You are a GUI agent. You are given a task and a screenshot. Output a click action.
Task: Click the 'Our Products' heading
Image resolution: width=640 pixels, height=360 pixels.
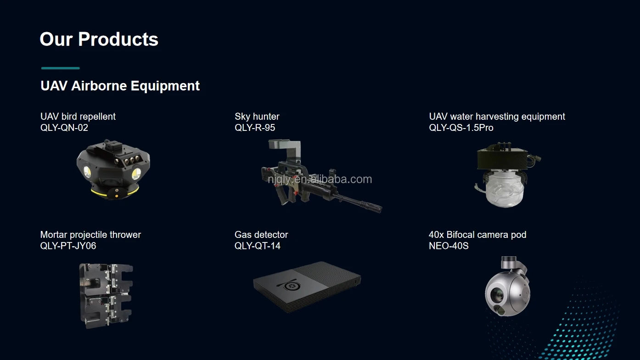pyautogui.click(x=99, y=39)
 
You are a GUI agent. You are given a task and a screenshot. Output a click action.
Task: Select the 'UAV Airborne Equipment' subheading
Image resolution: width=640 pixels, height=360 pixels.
pyautogui.click(x=120, y=86)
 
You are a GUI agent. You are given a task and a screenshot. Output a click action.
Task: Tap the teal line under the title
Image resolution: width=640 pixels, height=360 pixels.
pyautogui.click(x=61, y=68)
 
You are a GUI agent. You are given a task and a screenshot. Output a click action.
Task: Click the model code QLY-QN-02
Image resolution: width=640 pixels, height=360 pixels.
pyautogui.click(x=64, y=128)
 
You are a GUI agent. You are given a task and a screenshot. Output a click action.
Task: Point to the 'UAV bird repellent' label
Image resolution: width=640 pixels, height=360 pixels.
pyautogui.click(x=78, y=117)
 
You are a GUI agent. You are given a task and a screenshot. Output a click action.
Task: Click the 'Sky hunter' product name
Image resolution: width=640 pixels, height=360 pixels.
pyautogui.click(x=257, y=117)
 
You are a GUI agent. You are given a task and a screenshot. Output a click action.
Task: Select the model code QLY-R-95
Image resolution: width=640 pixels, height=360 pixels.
pyautogui.click(x=255, y=128)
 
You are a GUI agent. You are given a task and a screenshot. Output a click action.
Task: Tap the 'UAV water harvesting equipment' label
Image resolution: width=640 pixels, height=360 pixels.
pyautogui.click(x=497, y=117)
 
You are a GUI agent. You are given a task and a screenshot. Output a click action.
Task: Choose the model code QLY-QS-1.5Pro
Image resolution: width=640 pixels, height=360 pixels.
pyautogui.click(x=461, y=128)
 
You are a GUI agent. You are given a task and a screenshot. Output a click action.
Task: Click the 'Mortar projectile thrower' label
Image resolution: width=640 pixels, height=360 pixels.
pyautogui.click(x=90, y=235)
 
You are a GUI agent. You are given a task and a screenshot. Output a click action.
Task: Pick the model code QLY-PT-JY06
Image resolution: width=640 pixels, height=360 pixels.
pyautogui.click(x=68, y=246)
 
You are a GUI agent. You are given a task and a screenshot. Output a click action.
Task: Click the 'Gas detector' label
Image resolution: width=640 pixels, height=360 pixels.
pyautogui.click(x=261, y=235)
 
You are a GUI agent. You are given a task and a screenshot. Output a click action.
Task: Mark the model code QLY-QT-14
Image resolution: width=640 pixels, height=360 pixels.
pyautogui.click(x=257, y=246)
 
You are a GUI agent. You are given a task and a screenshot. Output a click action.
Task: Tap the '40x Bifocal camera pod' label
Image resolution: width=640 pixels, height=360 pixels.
pyautogui.click(x=477, y=235)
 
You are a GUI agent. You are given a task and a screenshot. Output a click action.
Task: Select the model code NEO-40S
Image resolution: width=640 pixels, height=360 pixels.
pyautogui.click(x=449, y=246)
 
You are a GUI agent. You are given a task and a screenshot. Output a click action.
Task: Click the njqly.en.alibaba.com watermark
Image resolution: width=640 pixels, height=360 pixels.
pyautogui.click(x=320, y=179)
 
